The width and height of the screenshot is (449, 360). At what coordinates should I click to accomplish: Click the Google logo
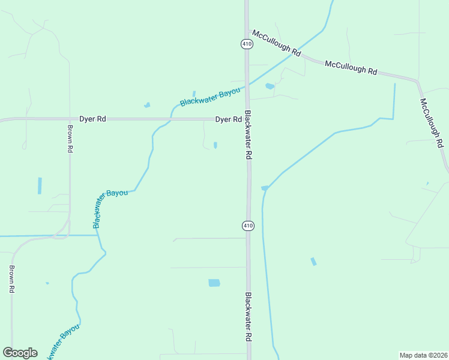[x=20, y=352]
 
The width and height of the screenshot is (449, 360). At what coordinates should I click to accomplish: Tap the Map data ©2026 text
[x=423, y=355]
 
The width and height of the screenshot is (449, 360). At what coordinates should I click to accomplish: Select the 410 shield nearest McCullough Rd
[x=246, y=44]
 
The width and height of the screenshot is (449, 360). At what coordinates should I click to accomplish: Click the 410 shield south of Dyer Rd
[x=248, y=226]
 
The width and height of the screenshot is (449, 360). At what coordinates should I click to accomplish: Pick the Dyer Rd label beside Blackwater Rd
[x=229, y=119]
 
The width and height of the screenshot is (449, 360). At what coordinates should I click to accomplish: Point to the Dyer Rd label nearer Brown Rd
[x=93, y=119]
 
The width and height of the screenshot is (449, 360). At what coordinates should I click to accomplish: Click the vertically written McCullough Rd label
[x=432, y=123]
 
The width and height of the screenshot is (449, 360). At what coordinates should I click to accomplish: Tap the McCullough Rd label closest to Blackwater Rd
[x=276, y=43]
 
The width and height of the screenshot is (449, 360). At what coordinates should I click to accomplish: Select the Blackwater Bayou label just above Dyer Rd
[x=209, y=97]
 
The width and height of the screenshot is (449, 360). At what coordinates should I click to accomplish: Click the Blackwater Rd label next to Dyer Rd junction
[x=249, y=137]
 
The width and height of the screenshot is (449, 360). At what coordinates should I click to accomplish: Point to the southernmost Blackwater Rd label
[x=247, y=317]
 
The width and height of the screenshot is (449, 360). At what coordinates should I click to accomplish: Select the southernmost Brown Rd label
[x=11, y=280]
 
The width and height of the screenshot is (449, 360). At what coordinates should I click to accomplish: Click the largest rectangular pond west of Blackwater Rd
[x=214, y=283]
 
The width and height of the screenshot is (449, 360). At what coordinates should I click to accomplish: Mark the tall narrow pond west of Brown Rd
[x=40, y=185]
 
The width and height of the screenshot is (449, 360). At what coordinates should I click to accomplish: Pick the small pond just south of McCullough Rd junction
[x=270, y=86]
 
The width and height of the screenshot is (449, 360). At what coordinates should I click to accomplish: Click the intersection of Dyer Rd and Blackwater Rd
[x=247, y=119]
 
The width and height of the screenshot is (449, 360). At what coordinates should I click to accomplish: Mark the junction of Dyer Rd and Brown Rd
[x=70, y=119]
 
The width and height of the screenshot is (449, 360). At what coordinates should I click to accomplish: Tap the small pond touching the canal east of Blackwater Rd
[x=265, y=188]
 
